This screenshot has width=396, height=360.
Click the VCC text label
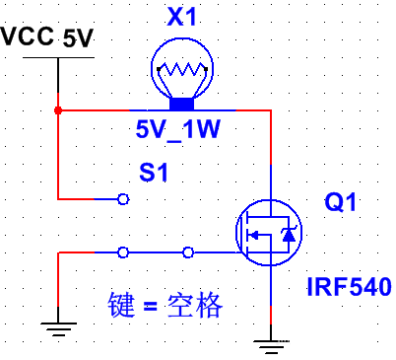(28, 36)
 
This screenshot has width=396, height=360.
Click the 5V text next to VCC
(77, 39)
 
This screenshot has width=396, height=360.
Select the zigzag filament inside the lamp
(181, 72)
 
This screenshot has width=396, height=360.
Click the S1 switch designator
(155, 173)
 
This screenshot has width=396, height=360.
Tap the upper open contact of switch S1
(122, 199)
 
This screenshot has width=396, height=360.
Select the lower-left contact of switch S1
(122, 252)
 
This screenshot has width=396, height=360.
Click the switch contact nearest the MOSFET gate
(188, 252)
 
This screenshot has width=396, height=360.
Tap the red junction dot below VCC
(59, 109)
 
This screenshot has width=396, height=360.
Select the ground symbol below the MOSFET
(269, 342)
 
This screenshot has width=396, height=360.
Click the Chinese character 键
(119, 306)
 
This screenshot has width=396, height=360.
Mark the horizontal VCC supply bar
(59, 57)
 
